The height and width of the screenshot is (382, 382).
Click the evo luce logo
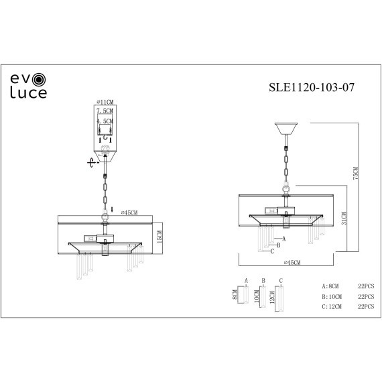tap(28, 86)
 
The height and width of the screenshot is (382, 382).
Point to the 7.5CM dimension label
tap(105, 111)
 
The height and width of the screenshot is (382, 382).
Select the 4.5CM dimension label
tap(105, 121)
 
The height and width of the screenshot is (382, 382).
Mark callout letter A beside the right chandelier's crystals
tap(285, 238)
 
